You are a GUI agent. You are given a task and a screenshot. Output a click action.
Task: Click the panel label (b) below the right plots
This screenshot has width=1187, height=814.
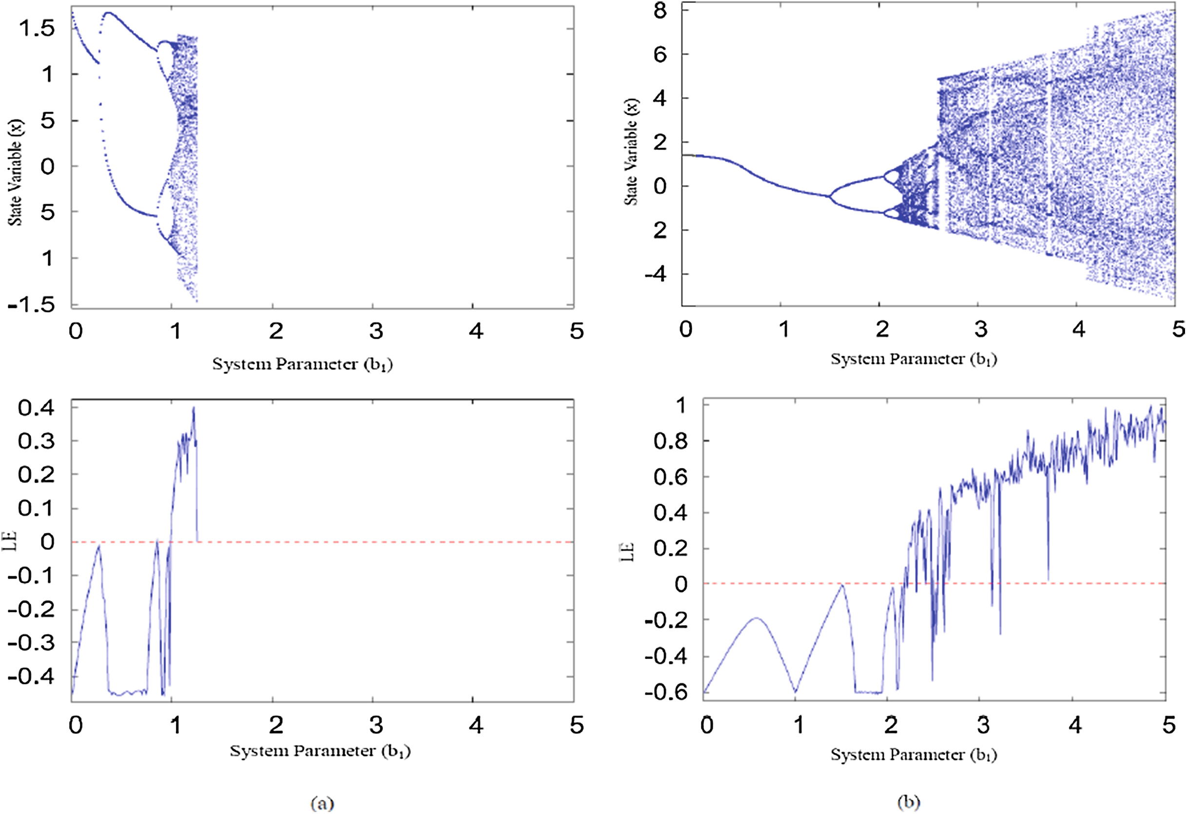tap(909, 802)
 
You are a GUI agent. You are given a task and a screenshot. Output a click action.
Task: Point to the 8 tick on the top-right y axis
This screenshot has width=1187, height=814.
tap(661, 10)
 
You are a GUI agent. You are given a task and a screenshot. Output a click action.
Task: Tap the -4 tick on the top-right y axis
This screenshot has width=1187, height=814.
tap(655, 274)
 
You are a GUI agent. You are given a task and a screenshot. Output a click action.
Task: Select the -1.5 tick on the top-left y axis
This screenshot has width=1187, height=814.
tap(32, 304)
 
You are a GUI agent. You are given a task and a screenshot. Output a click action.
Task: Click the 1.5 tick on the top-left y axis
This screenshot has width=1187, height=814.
tap(37, 28)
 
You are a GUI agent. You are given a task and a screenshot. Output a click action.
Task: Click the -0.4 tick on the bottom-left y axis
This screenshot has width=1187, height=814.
tap(32, 677)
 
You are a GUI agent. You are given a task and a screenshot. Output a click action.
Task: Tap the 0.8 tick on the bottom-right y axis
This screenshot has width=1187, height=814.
tap(670, 441)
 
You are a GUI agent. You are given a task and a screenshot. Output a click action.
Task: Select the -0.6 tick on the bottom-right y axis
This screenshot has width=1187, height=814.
tap(665, 693)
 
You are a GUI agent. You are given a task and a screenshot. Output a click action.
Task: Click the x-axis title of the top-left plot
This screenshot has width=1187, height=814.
tap(302, 365)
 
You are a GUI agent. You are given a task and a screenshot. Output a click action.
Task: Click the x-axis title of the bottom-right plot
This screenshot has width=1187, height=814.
tap(914, 755)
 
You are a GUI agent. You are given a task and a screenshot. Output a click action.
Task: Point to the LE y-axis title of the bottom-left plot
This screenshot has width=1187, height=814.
tap(10, 542)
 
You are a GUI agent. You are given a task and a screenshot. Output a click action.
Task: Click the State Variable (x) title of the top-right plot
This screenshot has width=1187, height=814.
tap(631, 152)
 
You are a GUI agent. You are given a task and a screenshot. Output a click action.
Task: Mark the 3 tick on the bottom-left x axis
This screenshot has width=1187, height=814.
tap(376, 725)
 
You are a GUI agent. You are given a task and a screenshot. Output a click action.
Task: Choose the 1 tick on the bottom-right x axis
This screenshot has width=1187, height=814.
tap(798, 725)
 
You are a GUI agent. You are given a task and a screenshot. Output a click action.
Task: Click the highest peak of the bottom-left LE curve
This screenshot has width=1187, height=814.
tap(194, 407)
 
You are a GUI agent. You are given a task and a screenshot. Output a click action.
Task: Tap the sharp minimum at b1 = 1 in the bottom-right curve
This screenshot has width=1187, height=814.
tap(795, 692)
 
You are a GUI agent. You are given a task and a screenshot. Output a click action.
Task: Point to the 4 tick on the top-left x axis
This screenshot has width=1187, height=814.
tap(476, 331)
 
